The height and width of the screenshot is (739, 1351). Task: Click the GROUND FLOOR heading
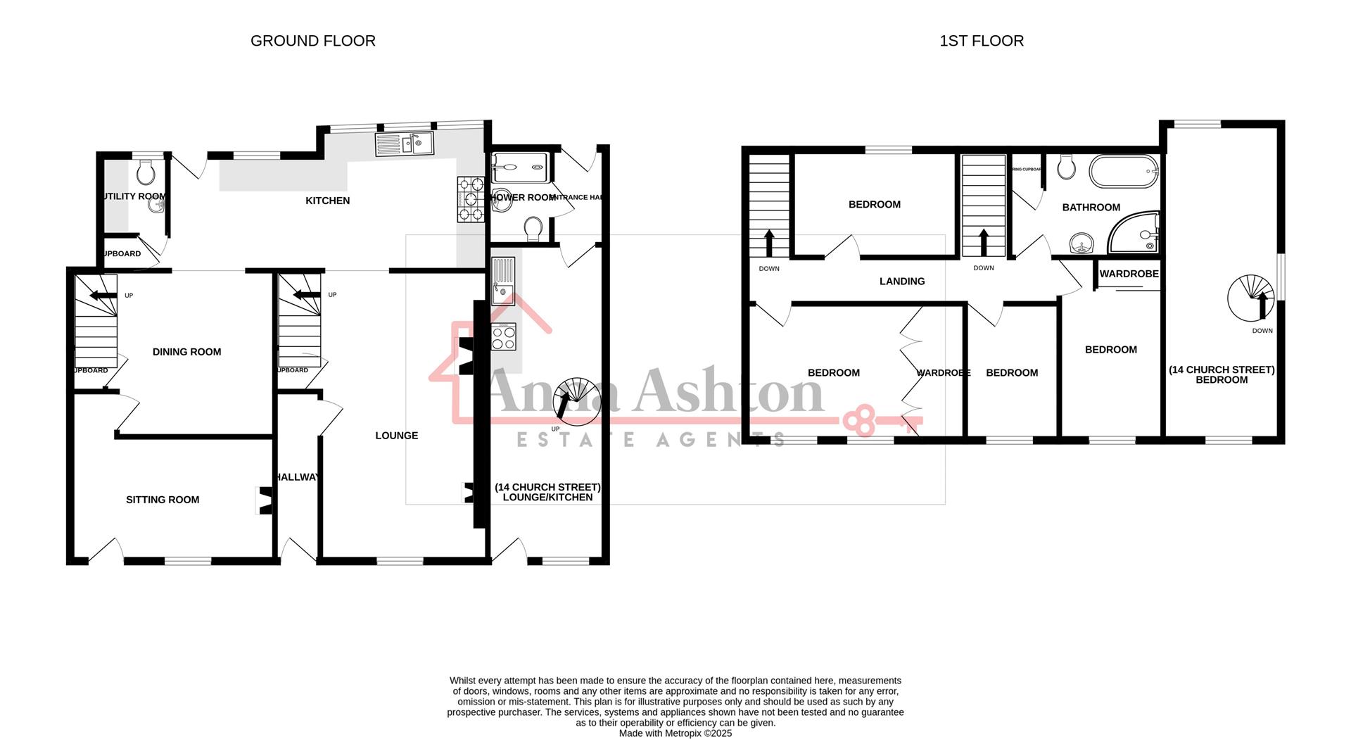(312, 41)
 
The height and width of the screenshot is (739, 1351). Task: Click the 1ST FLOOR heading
(981, 41)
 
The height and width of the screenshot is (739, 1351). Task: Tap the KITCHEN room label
(327, 201)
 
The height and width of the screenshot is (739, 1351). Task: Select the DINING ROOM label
(186, 352)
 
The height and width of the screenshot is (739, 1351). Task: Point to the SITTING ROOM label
(163, 500)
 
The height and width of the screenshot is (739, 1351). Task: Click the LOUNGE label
(396, 436)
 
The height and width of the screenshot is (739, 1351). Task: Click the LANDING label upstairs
(901, 282)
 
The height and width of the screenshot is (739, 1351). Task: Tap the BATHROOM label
(1091, 208)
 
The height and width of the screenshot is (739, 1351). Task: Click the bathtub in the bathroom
(1123, 171)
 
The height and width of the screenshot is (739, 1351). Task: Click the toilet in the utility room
(146, 170)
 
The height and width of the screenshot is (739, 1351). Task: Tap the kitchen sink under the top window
(405, 145)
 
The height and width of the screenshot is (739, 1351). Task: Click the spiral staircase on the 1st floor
(1251, 297)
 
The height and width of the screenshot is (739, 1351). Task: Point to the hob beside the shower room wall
(471, 199)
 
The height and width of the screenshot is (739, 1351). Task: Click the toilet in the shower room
(533, 228)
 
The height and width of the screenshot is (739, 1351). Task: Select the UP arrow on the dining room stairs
(103, 296)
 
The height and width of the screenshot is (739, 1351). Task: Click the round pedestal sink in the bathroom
(1080, 244)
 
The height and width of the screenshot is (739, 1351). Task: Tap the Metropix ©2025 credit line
(675, 733)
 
